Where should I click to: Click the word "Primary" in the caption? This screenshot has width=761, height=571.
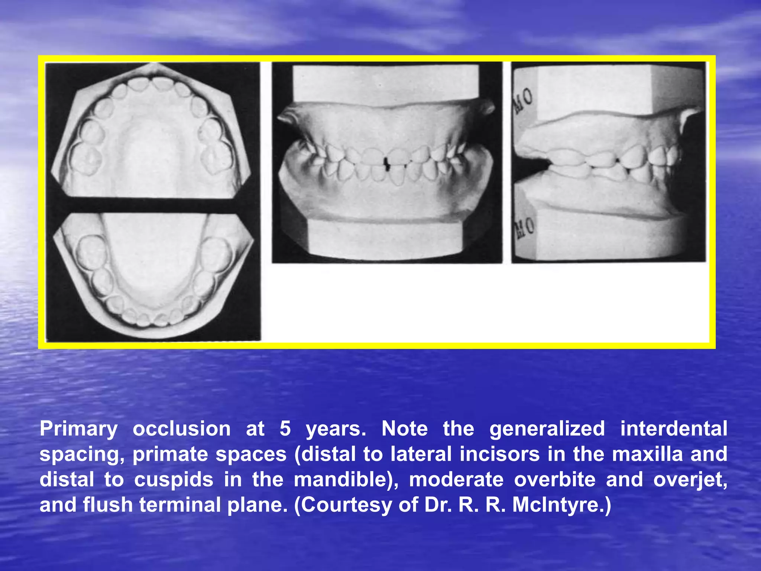coord(78,429)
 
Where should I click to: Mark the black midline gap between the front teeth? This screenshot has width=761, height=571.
coord(387,164)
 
